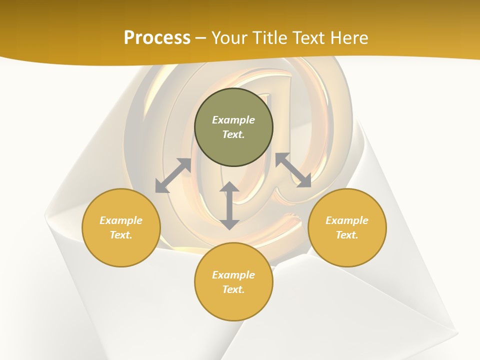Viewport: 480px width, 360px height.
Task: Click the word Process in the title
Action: click(x=157, y=38)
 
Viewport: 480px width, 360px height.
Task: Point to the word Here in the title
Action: click(x=350, y=38)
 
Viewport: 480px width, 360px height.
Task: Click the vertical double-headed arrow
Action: click(x=229, y=205)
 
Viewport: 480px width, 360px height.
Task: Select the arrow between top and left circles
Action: click(x=173, y=175)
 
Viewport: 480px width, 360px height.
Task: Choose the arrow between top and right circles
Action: click(x=293, y=170)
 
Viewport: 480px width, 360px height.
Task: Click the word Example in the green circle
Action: click(x=233, y=120)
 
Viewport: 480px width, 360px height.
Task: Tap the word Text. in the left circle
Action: click(x=121, y=235)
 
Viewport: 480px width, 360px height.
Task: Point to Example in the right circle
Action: click(x=347, y=220)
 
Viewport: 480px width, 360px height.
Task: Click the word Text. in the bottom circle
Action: click(x=233, y=289)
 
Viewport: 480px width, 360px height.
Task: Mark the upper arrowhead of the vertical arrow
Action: click(x=229, y=187)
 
